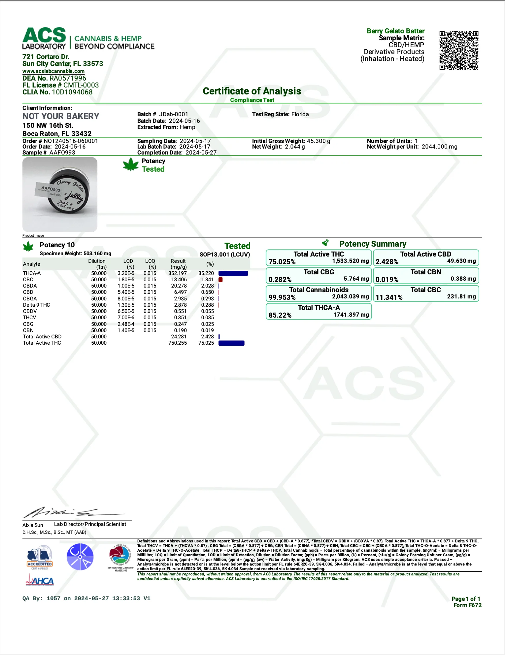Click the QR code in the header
458,50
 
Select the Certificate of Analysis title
252,91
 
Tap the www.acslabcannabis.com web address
53,71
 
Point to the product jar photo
60,194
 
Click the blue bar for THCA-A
233,273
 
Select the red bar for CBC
220,280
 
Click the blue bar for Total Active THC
231,343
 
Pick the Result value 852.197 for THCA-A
178,273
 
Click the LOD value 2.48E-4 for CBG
126,324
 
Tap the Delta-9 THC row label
37,305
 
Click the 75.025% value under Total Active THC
282,262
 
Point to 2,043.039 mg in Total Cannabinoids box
350,296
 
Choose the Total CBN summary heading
426,272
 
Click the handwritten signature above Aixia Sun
73,513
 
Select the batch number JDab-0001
174,114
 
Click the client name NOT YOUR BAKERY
61,116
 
